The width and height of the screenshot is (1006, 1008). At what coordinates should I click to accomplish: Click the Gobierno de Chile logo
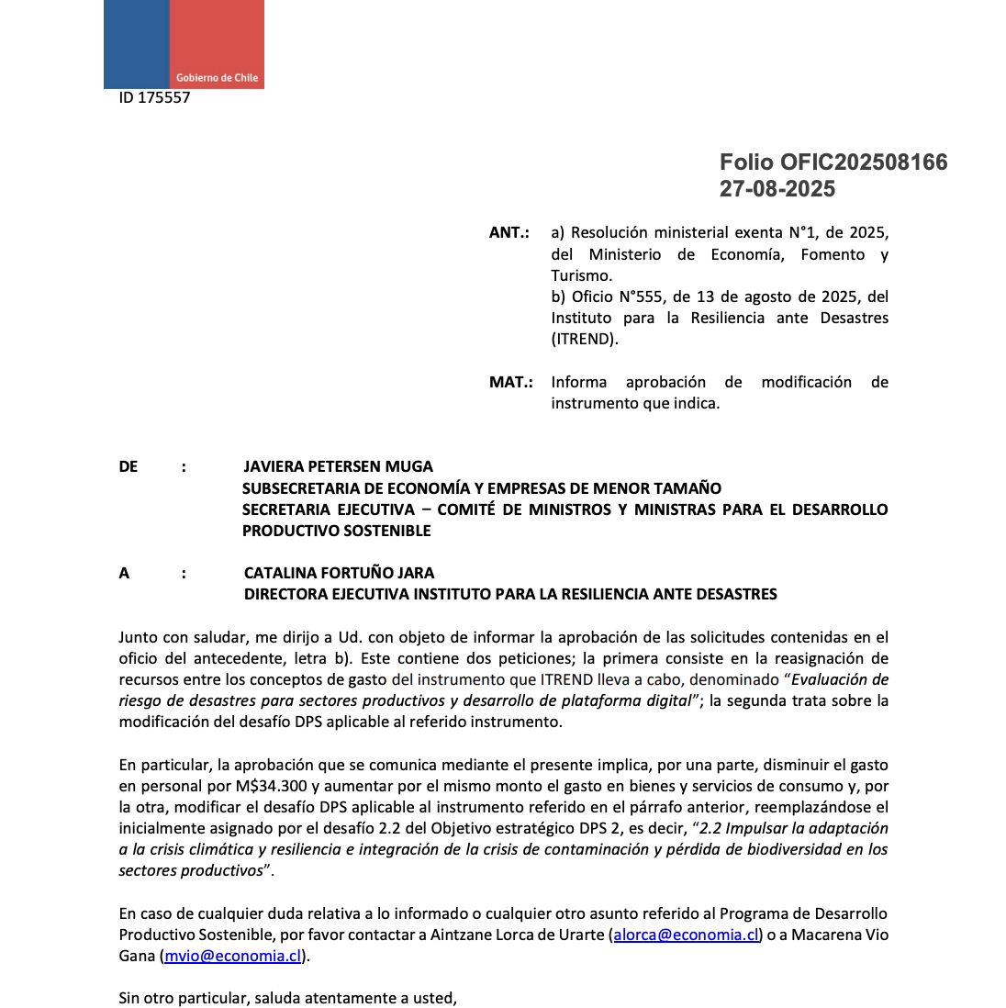coord(184,44)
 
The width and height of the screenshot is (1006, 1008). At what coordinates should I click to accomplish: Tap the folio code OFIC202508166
coord(864,162)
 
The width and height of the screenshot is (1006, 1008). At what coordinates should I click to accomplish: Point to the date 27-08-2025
coord(777,189)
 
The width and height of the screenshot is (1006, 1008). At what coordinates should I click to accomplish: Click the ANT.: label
coord(509,233)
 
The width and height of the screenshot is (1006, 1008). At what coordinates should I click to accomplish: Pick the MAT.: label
coord(510,382)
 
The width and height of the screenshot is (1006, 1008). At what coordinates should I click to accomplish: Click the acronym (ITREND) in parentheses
coord(585,339)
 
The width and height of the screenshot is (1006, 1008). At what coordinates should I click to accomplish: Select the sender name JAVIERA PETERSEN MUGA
coord(338,466)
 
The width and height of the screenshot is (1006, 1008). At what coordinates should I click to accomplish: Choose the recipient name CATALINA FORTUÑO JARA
coord(339,573)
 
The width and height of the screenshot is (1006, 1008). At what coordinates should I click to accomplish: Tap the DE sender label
coord(129,466)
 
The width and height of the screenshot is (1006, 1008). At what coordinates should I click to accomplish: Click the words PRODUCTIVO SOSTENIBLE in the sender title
coord(336,531)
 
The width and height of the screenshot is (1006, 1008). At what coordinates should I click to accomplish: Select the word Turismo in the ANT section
coord(581,275)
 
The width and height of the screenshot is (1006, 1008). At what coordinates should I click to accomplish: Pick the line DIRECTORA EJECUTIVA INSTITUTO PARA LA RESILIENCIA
coord(510,594)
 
